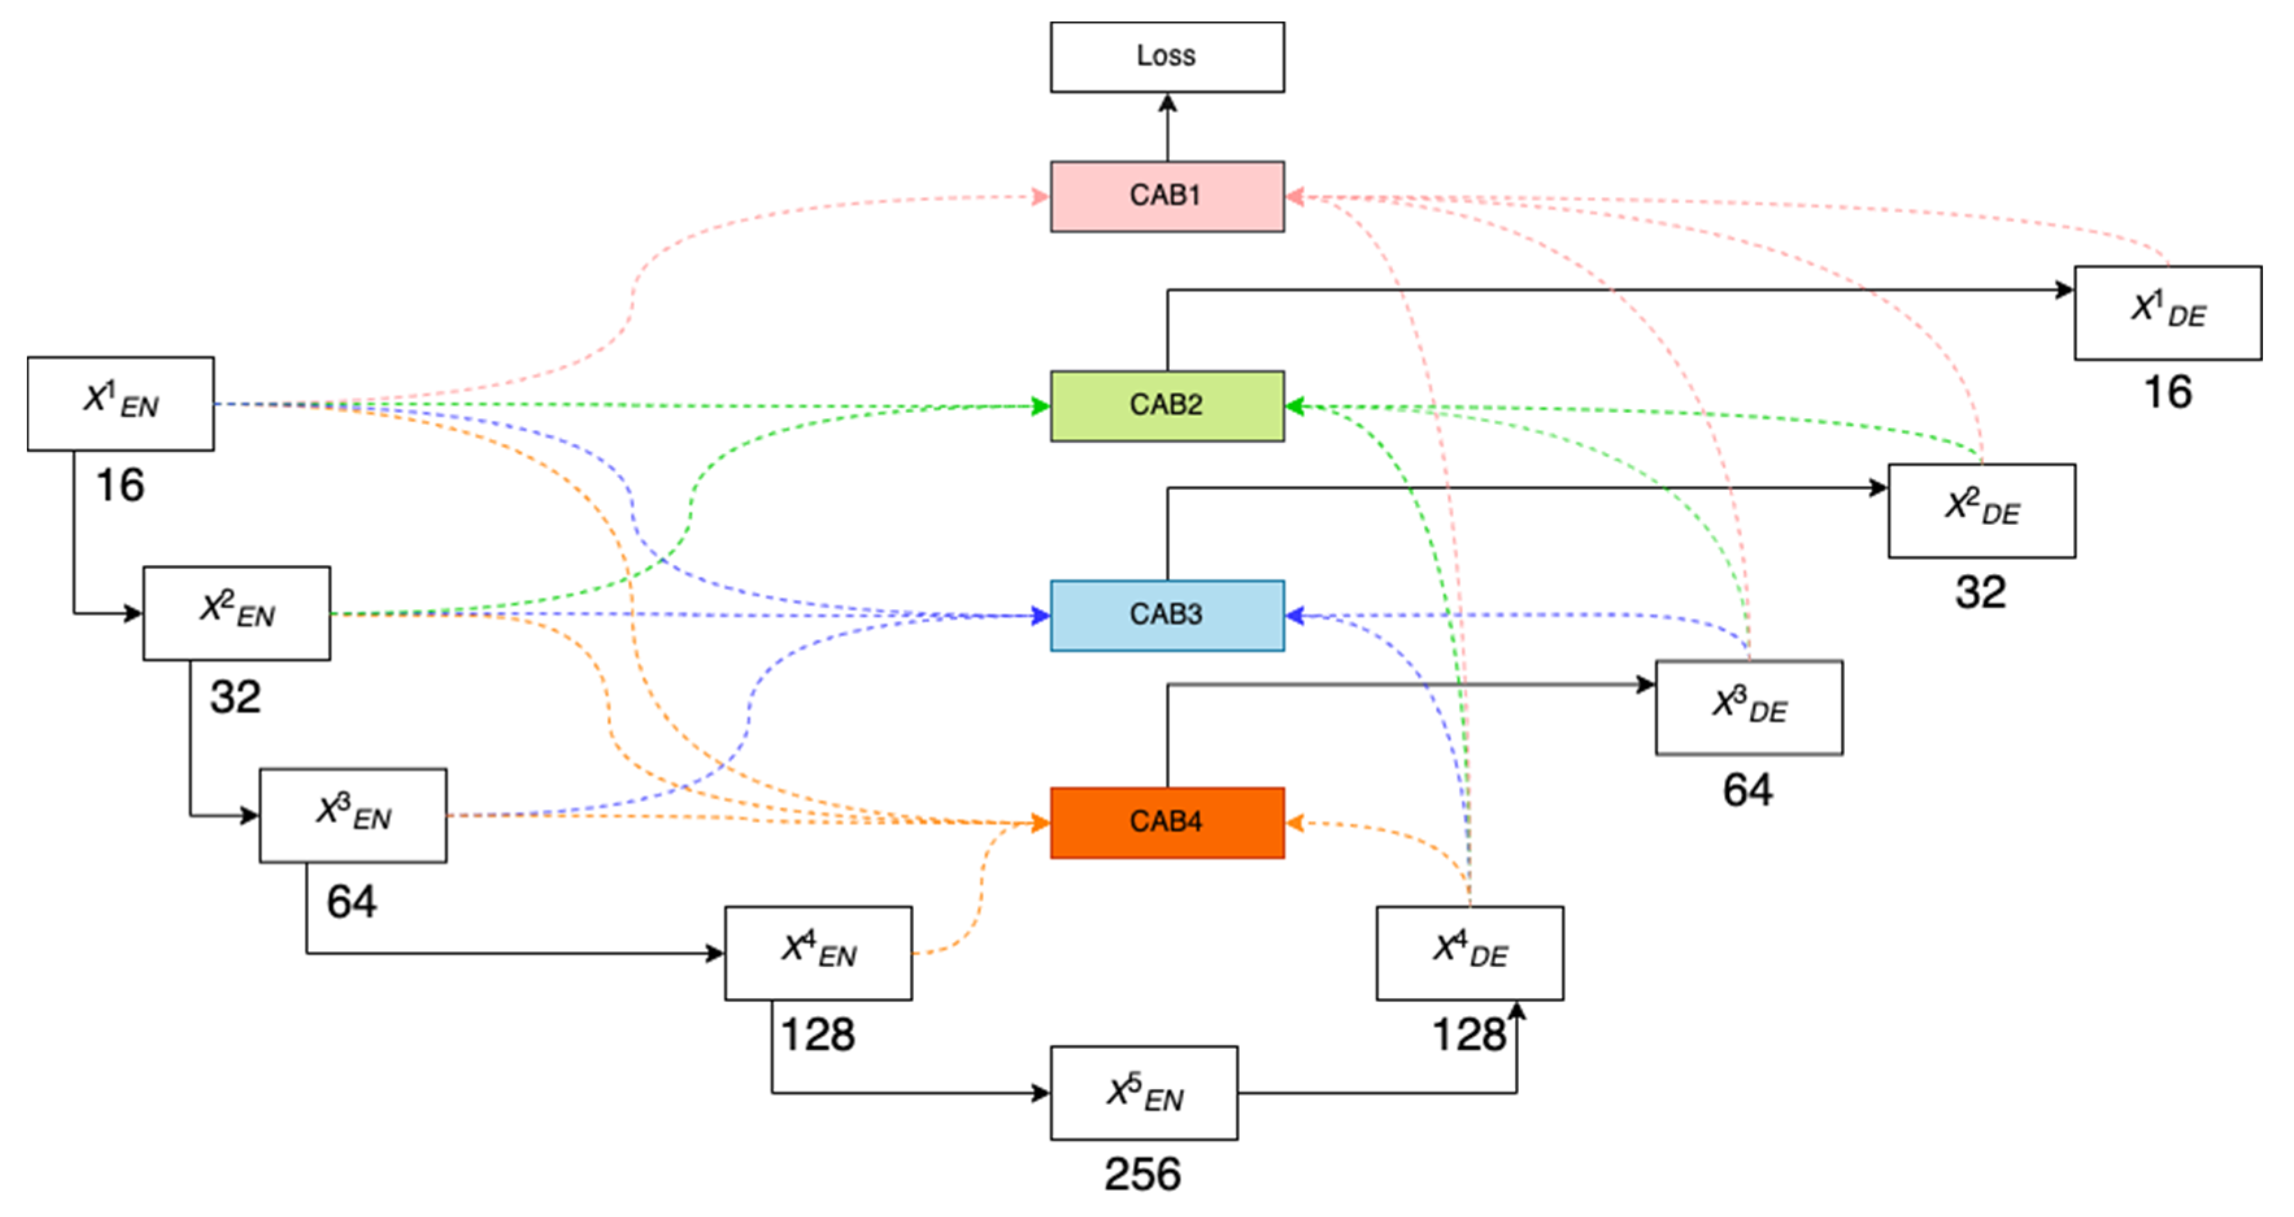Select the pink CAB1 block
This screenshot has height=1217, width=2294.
[x=1166, y=196]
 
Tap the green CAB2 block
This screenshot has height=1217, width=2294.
[x=1166, y=405]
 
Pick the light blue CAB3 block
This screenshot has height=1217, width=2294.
[x=1166, y=615]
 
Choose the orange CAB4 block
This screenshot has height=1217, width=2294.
[x=1166, y=822]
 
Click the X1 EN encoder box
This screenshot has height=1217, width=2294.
[x=120, y=403]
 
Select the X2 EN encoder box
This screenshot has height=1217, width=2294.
[x=236, y=613]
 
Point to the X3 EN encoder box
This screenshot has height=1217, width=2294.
[x=352, y=815]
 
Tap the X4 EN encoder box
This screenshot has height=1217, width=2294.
[x=817, y=953]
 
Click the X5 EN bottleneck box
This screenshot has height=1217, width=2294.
[x=1144, y=1092]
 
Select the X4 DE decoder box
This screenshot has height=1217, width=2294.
[x=1470, y=953]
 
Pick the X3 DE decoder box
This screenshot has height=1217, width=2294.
[x=1748, y=707]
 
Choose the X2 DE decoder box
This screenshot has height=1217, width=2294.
[x=1981, y=510]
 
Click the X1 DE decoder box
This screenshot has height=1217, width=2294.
[x=2167, y=313]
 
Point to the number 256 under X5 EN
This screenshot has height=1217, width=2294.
[x=1142, y=1174]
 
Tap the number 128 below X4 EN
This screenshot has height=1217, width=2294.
[x=817, y=1035]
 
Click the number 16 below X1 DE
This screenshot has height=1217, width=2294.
[x=2167, y=392]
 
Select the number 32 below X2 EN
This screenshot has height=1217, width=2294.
[x=235, y=697]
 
